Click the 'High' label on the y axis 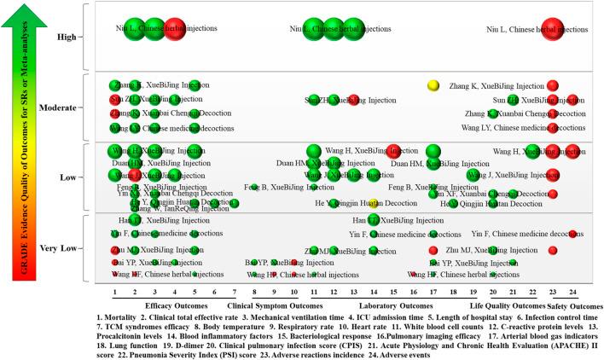[x=64, y=37]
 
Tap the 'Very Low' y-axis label [x=58, y=248]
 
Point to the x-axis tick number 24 [x=572, y=292]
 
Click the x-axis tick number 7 [x=234, y=292]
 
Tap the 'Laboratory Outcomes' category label [x=392, y=305]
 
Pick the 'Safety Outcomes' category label [x=568, y=305]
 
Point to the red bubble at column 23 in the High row [x=553, y=30]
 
